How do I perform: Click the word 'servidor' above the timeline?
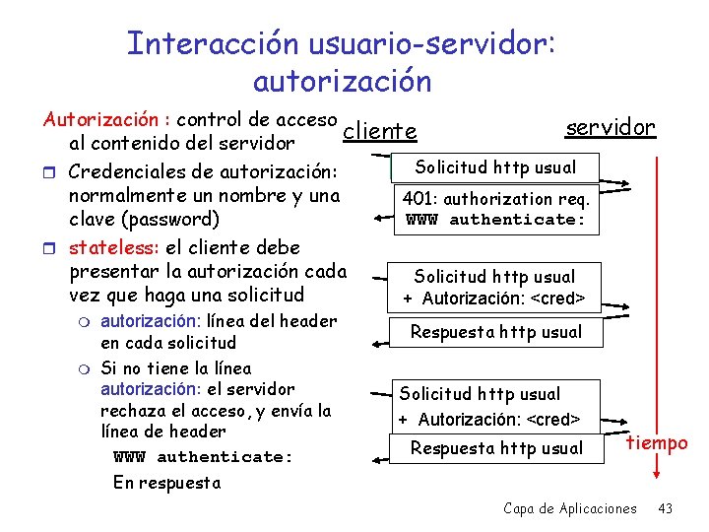(x=611, y=127)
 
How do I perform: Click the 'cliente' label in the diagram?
(x=380, y=131)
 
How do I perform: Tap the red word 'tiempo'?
(x=658, y=442)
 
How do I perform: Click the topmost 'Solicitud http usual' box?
(x=495, y=166)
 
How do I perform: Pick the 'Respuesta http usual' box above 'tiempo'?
(x=496, y=448)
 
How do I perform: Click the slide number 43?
(x=665, y=508)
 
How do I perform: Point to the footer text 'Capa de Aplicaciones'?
(x=569, y=508)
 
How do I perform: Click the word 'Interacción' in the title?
(x=204, y=43)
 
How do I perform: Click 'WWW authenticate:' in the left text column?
(x=204, y=456)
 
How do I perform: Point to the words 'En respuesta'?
(x=166, y=483)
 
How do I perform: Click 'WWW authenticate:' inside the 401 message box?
(x=496, y=219)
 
